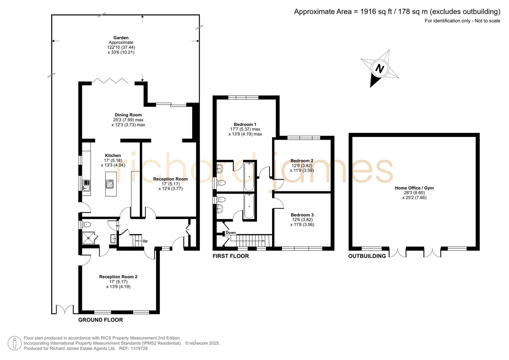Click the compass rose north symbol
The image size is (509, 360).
click(x=379, y=68)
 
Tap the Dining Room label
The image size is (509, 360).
click(x=128, y=115)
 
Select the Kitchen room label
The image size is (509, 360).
click(x=113, y=156)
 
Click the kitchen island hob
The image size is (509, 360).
click(x=109, y=184)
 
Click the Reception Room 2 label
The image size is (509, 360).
click(x=118, y=277)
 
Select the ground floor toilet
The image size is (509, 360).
click(x=86, y=224)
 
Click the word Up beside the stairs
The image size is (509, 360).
click(x=145, y=241)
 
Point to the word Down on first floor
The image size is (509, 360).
click(x=231, y=233)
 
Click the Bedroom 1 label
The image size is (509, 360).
click(x=245, y=125)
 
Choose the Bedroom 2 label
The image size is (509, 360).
click(x=302, y=161)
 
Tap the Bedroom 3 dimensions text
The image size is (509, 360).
click(x=302, y=222)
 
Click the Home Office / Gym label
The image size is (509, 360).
click(x=414, y=188)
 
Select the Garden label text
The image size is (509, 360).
click(x=121, y=38)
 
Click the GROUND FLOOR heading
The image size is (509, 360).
click(x=100, y=320)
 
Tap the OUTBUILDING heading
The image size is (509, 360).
click(x=367, y=256)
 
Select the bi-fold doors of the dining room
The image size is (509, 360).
click(x=110, y=81)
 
